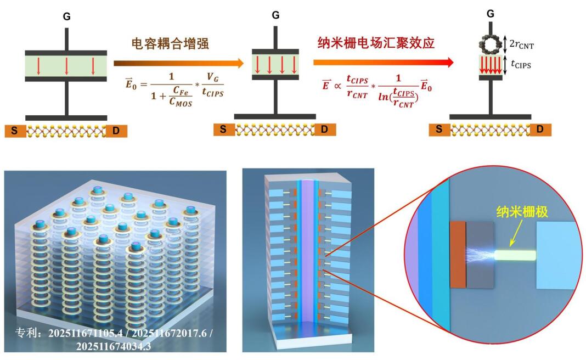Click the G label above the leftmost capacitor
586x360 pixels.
(66, 17)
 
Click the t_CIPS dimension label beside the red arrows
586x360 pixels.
(525, 63)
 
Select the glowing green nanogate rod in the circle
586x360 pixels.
(514, 255)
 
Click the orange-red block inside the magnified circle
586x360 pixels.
(457, 255)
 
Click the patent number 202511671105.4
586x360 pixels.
(82, 333)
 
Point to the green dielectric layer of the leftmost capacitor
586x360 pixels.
(66, 65)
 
